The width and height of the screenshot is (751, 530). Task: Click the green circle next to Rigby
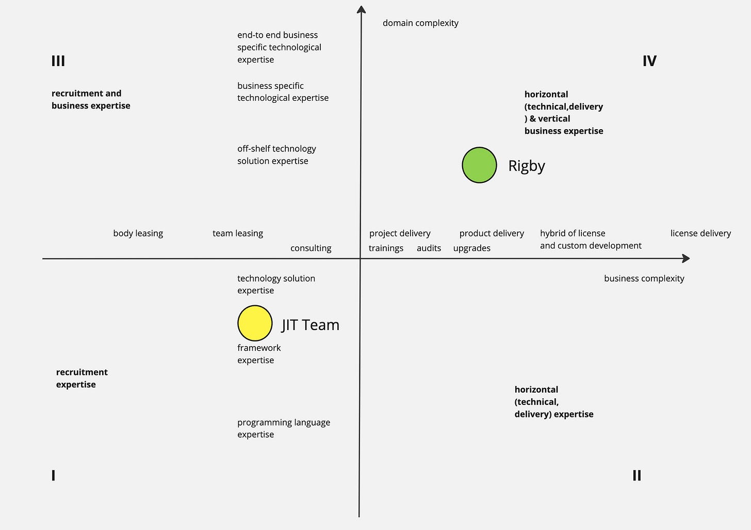tap(479, 165)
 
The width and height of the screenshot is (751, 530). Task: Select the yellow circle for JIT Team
tap(255, 323)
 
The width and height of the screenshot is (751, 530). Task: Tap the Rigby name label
tap(527, 166)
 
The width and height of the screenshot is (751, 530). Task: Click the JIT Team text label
tap(311, 325)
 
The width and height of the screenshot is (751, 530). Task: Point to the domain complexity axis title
tap(420, 23)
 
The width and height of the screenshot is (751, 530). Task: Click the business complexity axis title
tap(644, 278)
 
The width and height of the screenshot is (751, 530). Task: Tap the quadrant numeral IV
tap(649, 61)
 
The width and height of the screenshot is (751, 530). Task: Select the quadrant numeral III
tap(58, 61)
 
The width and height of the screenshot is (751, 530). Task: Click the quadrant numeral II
tap(637, 475)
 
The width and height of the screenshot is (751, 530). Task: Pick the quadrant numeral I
tap(53, 475)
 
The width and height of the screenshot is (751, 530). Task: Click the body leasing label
tap(138, 233)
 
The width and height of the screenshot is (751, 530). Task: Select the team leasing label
tap(238, 233)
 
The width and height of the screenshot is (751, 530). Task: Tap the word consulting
tap(311, 248)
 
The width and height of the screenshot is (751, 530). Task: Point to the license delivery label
tap(700, 233)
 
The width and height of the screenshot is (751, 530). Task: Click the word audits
tap(429, 248)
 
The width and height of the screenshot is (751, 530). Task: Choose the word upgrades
tap(471, 248)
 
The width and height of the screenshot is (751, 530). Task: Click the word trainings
tap(386, 248)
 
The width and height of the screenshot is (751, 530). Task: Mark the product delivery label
tap(492, 233)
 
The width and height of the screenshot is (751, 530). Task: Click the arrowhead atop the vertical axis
tap(362, 10)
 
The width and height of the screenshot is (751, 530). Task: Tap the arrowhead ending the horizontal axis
tap(685, 258)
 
